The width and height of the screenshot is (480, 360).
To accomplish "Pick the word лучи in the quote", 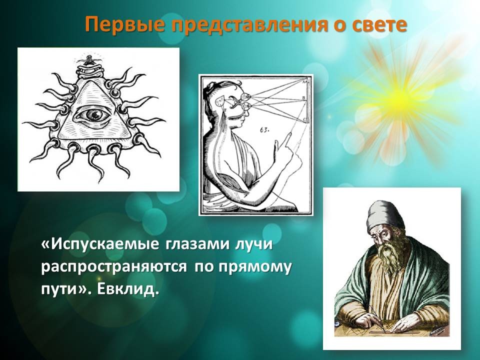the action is pos(254,245).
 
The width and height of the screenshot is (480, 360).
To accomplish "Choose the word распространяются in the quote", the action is pos(114,267).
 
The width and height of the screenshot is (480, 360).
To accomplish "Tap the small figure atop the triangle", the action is pos(89,58).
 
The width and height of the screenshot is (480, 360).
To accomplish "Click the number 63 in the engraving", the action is pos(264,130).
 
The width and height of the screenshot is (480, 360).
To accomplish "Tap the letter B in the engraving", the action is pos(303,97).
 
